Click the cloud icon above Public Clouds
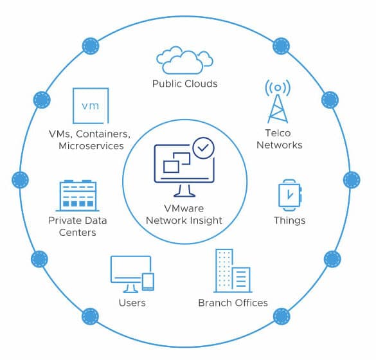click(x=184, y=60)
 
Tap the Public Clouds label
click(x=185, y=84)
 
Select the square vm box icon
click(x=91, y=105)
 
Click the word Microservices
click(x=91, y=145)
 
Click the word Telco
click(x=278, y=133)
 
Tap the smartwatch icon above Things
click(x=290, y=195)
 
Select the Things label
click(x=290, y=221)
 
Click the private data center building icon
click(x=78, y=195)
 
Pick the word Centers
click(x=78, y=233)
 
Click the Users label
click(x=132, y=303)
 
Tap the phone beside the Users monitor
click(x=148, y=282)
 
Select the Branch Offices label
click(x=233, y=303)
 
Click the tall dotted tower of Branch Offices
click(x=224, y=270)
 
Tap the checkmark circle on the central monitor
click(x=203, y=148)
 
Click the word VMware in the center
click(x=184, y=208)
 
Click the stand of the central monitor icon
click(x=184, y=191)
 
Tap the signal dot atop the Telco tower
click(x=278, y=88)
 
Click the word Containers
click(x=103, y=134)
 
